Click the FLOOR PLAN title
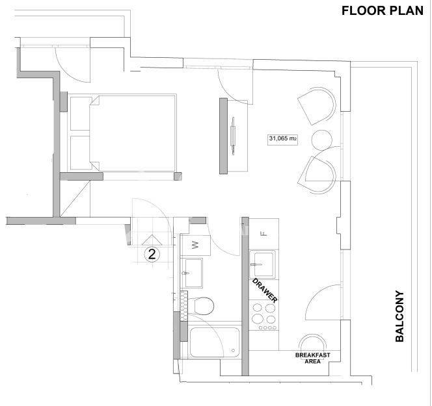click(382, 11)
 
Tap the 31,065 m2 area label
click(283, 138)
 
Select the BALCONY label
click(399, 316)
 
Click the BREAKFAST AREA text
click(313, 358)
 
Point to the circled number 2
click(152, 254)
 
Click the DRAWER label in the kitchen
click(265, 291)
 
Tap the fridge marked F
click(263, 234)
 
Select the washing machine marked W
click(195, 245)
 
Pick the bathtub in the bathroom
click(215, 342)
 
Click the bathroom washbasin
click(194, 273)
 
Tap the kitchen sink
click(263, 264)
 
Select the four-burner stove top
click(263, 316)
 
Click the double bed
click(133, 133)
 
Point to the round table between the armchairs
click(321, 140)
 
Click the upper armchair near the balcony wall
click(317, 106)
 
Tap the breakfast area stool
click(313, 343)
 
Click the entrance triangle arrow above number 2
click(152, 240)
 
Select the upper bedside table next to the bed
click(81, 114)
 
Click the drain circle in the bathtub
click(234, 350)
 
